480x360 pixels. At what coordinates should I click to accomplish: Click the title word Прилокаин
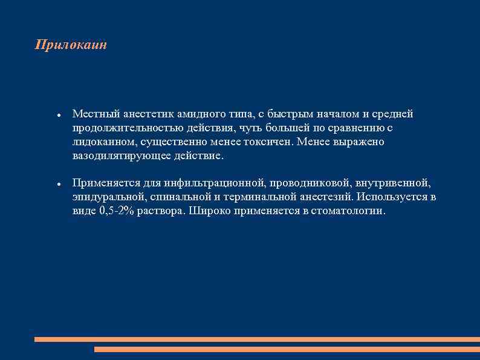click(x=71, y=45)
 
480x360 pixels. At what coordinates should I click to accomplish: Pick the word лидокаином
click(x=102, y=142)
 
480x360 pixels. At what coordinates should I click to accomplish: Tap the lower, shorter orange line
click(x=287, y=349)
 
